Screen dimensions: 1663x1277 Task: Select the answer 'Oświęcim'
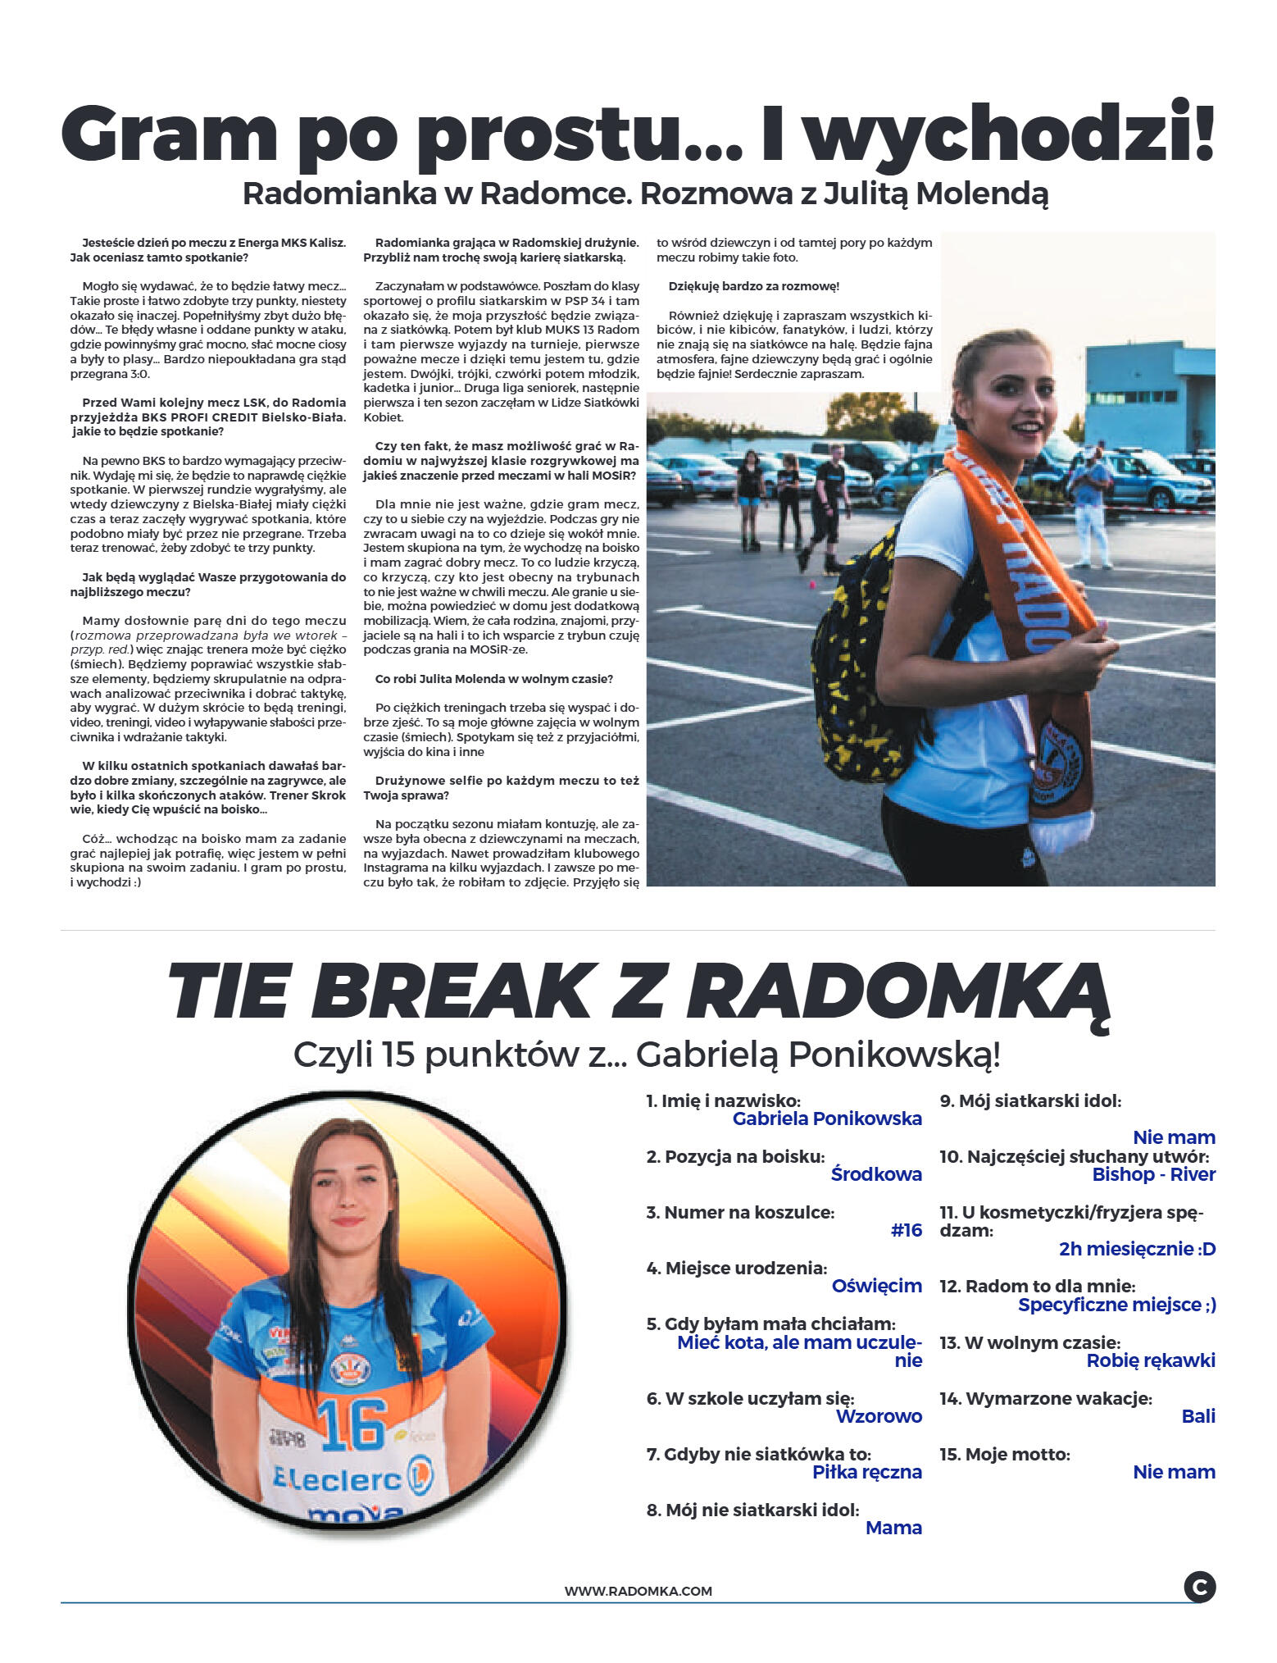tap(876, 1285)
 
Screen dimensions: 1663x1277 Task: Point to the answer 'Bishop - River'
tap(1153, 1173)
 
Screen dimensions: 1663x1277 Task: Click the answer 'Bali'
tap(1197, 1415)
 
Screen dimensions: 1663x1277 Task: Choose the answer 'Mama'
tap(893, 1527)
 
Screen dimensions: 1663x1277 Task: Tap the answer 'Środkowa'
tap(875, 1173)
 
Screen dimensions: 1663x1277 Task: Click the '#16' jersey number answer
tap(906, 1229)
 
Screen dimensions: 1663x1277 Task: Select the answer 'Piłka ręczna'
tap(866, 1471)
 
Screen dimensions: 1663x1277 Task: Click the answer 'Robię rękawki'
tap(1150, 1360)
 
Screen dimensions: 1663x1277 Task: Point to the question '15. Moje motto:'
tap(1004, 1454)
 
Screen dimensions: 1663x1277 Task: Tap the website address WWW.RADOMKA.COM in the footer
tap(638, 1591)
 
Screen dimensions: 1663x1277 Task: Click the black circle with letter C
tap(1199, 1586)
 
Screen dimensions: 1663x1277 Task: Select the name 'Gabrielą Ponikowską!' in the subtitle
tap(818, 1055)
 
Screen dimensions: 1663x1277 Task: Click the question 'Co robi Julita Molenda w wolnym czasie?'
tap(493, 679)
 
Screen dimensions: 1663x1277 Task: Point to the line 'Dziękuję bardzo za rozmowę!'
tap(753, 286)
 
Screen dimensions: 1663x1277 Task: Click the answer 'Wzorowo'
tap(878, 1415)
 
